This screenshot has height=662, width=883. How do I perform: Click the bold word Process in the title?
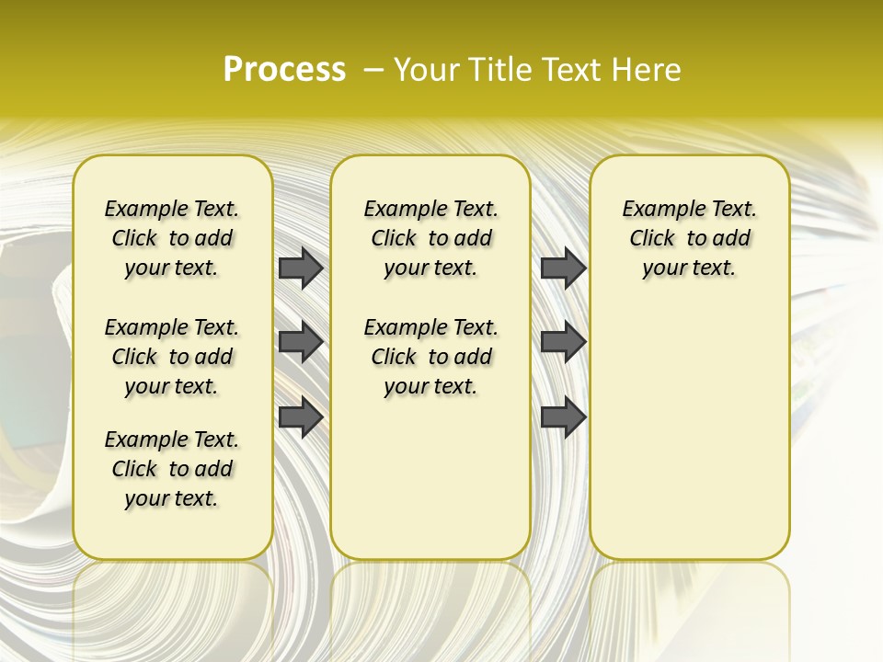[284, 69]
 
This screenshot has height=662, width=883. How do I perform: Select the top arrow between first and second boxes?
[301, 268]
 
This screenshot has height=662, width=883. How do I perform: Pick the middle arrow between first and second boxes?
[301, 342]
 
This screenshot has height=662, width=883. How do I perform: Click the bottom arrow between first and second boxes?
[301, 417]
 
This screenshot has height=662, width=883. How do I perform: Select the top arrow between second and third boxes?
[563, 268]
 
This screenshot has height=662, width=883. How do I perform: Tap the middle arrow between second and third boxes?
[563, 342]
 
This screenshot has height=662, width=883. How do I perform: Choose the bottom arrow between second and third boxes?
[563, 417]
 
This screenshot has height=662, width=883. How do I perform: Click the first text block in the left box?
[172, 238]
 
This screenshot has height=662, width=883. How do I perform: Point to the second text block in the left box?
[172, 357]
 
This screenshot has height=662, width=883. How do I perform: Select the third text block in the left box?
[172, 469]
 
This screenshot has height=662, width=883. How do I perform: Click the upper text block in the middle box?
[430, 238]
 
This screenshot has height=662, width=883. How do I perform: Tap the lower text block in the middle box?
[430, 357]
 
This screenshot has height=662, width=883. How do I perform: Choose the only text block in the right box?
[689, 238]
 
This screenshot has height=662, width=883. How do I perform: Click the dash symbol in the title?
[373, 70]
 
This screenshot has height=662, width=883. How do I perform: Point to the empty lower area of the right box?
[689, 432]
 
